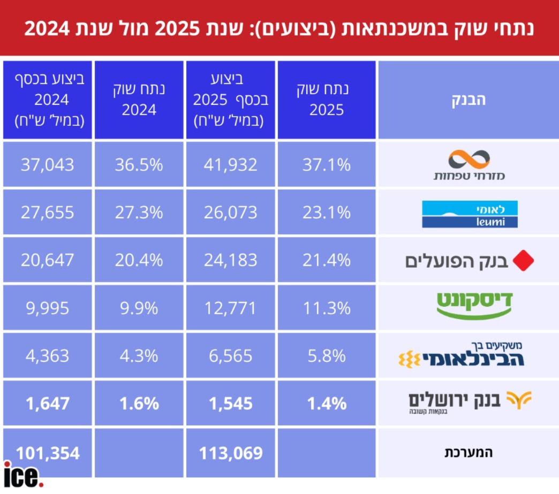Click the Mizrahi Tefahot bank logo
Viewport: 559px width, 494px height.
coord(469,165)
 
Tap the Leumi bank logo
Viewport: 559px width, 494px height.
coord(463,214)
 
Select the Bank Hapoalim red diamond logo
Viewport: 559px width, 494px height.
coord(524,261)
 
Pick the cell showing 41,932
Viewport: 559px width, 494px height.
coord(231,165)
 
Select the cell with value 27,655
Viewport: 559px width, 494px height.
coord(47,212)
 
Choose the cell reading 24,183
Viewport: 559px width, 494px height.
coord(231,261)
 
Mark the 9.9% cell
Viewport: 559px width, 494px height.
coord(139,308)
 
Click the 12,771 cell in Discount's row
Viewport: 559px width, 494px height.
coord(231,308)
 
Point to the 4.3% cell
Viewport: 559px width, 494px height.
coord(139,356)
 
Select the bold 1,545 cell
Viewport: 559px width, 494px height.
coord(231,403)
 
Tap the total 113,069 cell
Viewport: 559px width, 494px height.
coord(231,453)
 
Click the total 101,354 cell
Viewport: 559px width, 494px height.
coord(47,453)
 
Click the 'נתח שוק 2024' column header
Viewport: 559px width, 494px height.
coord(139,100)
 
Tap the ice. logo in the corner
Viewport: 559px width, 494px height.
coord(22,474)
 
